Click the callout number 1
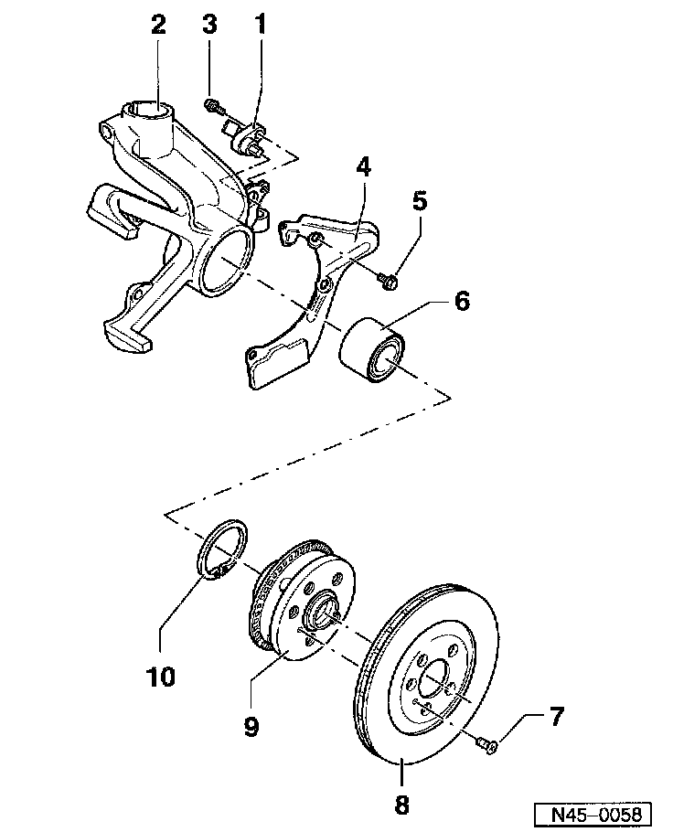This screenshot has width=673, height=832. coord(261,25)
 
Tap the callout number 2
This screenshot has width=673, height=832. coord(158,25)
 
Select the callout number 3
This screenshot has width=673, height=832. coord(210,25)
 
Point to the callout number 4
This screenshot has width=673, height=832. coord(363,167)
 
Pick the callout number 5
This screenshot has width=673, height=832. coord(420,200)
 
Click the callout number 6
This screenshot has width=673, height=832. coord(462,302)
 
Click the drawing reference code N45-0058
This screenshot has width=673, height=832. coord(593,813)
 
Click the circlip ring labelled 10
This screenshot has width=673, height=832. coord(224,549)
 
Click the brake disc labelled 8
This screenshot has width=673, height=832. coord(430,677)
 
